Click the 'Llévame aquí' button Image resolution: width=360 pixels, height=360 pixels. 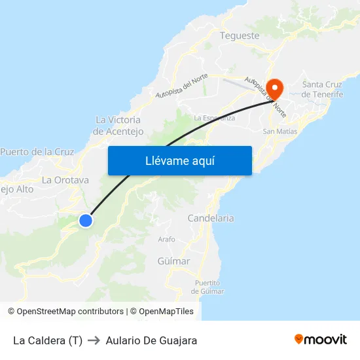(x=179, y=160)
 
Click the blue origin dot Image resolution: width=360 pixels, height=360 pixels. (x=85, y=221)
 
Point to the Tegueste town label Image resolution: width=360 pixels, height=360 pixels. (x=240, y=35)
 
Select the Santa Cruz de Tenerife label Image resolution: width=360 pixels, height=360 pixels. (x=323, y=89)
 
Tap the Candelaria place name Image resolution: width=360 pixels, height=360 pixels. (x=211, y=218)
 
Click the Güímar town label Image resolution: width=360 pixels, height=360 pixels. (x=173, y=261)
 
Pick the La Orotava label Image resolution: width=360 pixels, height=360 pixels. (x=65, y=180)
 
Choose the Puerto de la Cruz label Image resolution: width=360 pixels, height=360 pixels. (x=37, y=152)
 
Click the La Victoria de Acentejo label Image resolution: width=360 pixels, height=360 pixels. (x=118, y=126)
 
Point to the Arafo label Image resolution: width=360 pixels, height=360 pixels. (x=167, y=240)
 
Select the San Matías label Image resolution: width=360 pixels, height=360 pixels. (x=279, y=132)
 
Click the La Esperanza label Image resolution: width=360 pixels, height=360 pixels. (x=215, y=118)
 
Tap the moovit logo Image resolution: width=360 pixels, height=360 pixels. (x=320, y=339)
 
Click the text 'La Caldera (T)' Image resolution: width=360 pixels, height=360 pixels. (x=48, y=340)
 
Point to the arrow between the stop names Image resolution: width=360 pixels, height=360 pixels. (x=94, y=340)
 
